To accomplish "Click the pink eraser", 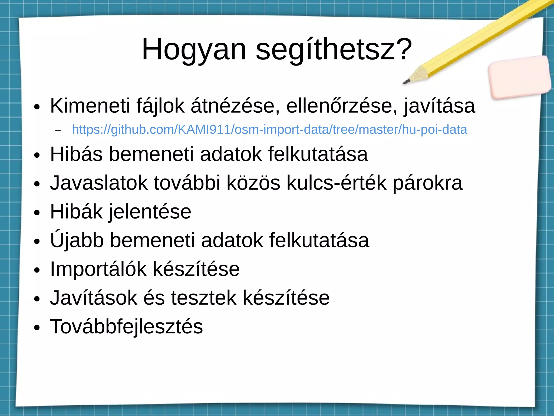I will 519,77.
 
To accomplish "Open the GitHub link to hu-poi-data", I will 269,129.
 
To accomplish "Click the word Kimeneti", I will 90,106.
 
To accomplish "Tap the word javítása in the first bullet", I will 440,106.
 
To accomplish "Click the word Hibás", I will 76,154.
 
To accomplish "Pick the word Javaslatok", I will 99,183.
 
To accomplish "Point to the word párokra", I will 428,183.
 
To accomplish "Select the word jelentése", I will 150,212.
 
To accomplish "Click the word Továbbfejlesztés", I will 126,326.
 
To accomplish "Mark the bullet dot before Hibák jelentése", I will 37,213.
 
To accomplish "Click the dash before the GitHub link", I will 58,130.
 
